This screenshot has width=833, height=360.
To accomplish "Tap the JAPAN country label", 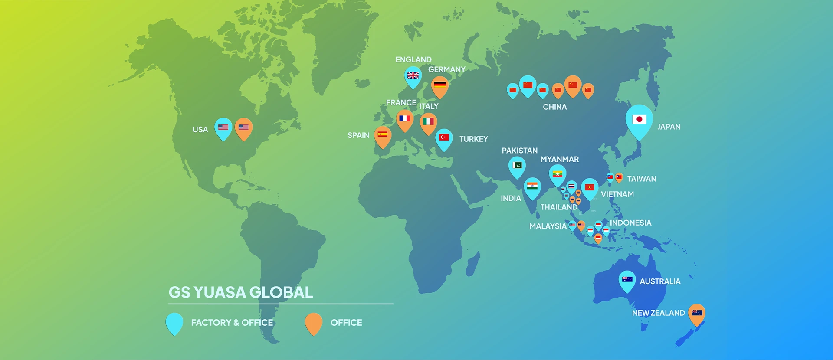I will [x=669, y=127].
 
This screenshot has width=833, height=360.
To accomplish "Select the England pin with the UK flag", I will [x=413, y=76].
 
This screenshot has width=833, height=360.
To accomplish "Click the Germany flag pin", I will [x=439, y=85].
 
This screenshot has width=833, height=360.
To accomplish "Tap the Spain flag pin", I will [x=383, y=135].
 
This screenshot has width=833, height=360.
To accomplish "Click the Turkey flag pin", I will [x=444, y=138].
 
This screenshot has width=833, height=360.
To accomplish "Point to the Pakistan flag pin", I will [x=517, y=166].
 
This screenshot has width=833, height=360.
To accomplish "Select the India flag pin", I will [x=532, y=187].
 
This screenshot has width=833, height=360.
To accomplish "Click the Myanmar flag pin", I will [x=558, y=174].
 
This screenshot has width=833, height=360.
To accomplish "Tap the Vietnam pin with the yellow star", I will [x=589, y=188].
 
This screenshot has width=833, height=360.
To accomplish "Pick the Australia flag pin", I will [x=627, y=280].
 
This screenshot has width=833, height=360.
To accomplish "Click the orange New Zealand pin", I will [x=697, y=313].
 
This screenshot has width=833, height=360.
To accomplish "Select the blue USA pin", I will [x=223, y=128].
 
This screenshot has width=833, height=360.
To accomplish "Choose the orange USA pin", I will [x=243, y=128].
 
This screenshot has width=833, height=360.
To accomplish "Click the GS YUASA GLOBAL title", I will [x=240, y=292].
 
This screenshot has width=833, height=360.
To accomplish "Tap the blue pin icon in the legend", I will [x=174, y=323].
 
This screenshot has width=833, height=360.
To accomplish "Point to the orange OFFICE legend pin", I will [x=314, y=323].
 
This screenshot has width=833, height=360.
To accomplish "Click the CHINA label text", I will [x=554, y=107].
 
